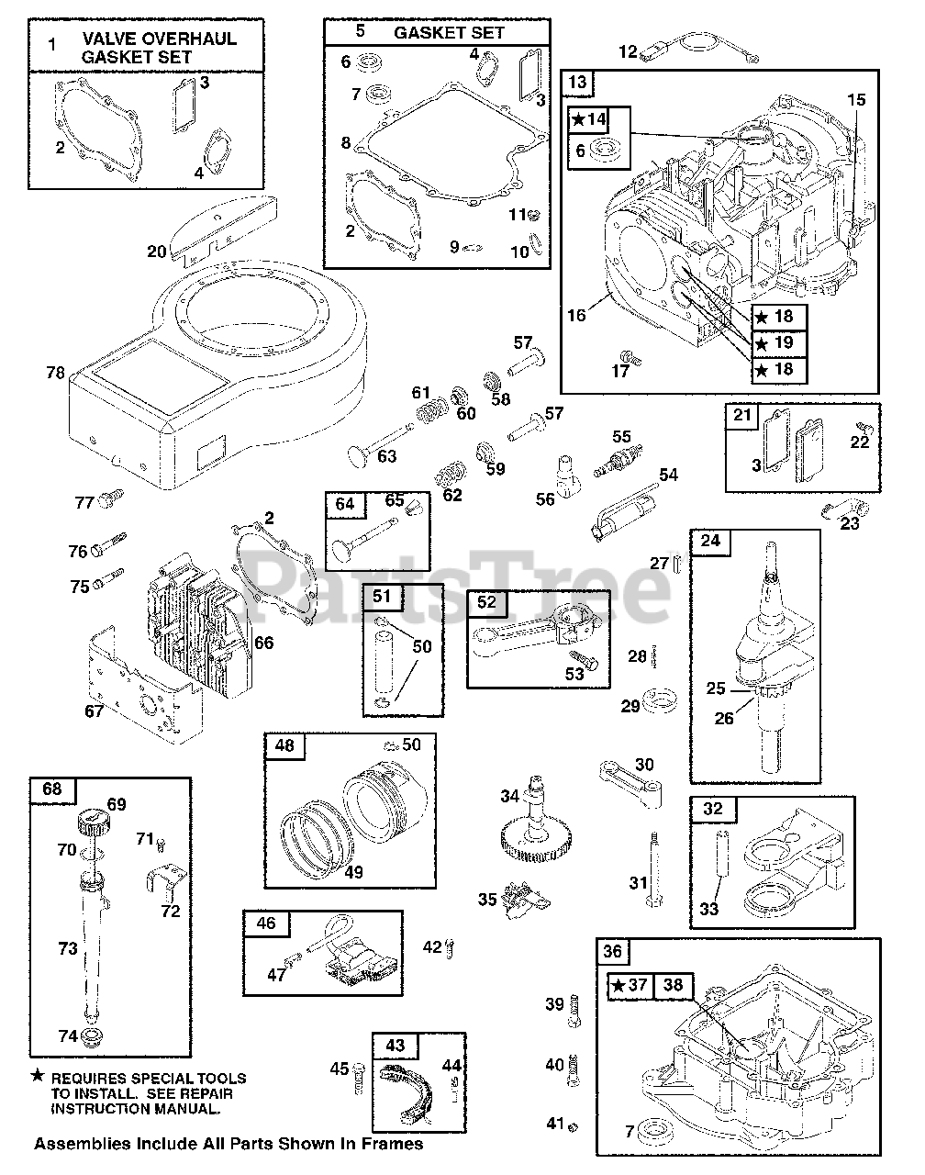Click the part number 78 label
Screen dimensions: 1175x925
click(x=56, y=372)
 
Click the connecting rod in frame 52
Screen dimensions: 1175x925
click(x=532, y=633)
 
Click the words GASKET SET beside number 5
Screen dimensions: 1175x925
click(x=450, y=32)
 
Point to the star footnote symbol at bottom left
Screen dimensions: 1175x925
click(x=38, y=1077)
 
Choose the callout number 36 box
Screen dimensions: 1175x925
click(x=613, y=952)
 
